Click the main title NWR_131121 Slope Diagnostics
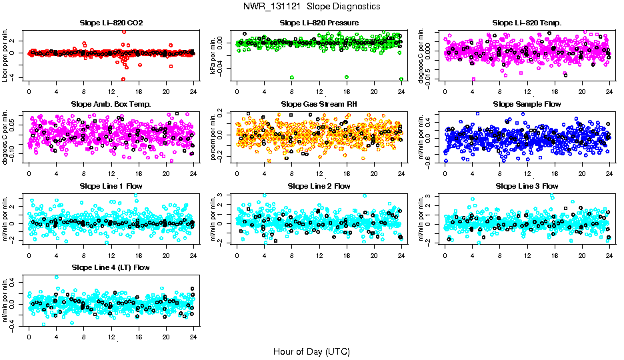312,6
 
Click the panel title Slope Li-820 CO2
111,23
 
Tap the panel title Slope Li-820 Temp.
527,23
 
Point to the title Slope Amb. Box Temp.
111,104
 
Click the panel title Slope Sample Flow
527,104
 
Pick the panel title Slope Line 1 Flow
111,186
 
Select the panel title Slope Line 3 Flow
527,186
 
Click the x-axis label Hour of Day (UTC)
311,351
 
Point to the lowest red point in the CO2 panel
123,79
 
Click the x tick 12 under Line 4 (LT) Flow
111,337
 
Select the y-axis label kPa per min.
214,55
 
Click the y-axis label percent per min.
214,137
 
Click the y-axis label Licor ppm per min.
5,55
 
